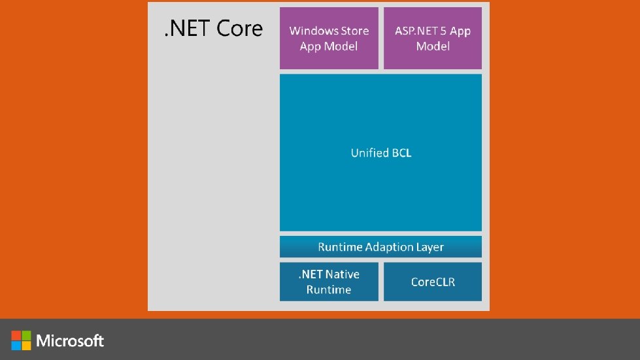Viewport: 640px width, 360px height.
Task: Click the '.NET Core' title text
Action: coord(213,29)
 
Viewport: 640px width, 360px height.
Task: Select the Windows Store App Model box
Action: coord(329,38)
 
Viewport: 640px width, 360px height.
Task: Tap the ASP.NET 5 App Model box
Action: coord(433,38)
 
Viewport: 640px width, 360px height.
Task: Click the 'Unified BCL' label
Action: coord(380,153)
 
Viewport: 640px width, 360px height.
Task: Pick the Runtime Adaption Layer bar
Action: coord(380,247)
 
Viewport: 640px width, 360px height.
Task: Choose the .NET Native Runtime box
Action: coord(329,282)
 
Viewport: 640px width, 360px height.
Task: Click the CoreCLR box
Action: coord(433,282)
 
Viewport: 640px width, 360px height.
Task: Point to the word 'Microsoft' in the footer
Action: coord(71,340)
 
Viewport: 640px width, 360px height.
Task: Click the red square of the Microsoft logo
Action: coord(16,335)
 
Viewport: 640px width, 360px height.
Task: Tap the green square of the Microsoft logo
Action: coord(26,335)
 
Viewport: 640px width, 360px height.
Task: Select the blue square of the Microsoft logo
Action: coord(16,345)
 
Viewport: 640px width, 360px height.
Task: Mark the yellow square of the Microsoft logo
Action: coord(26,345)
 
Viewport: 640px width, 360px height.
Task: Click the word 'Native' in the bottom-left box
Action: coord(343,274)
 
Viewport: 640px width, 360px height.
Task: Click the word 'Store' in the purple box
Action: coord(354,31)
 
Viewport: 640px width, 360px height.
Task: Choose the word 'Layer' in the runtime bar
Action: coord(429,247)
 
